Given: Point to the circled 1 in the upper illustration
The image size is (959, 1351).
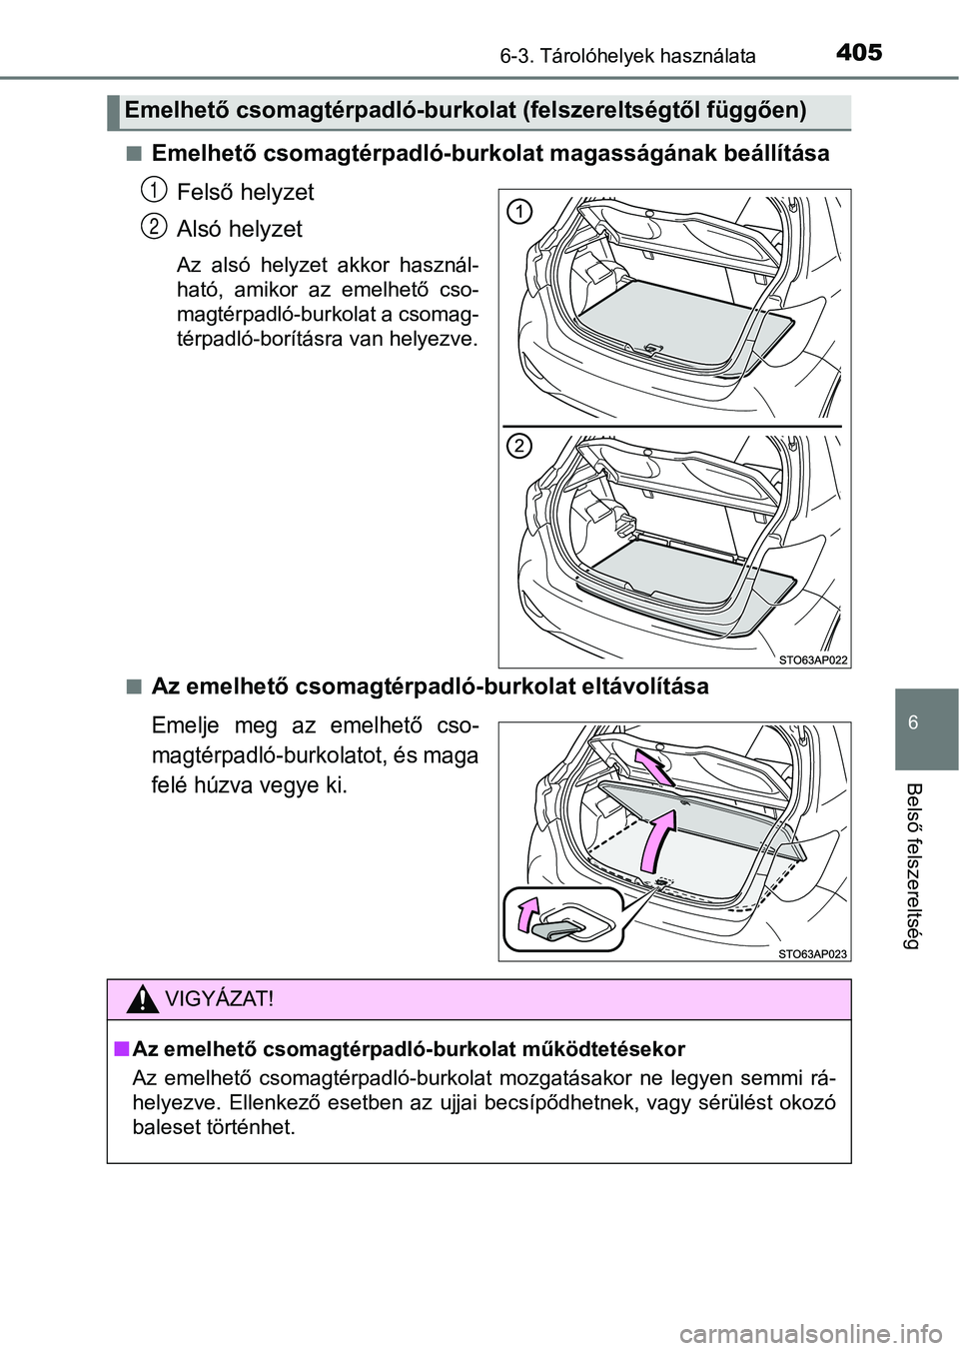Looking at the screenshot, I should tap(517, 212).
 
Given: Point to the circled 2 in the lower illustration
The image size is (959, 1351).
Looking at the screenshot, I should tap(517, 447).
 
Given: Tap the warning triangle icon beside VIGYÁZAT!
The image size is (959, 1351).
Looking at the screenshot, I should tap(146, 999).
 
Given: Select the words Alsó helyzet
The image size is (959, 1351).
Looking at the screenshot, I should tap(240, 229).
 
